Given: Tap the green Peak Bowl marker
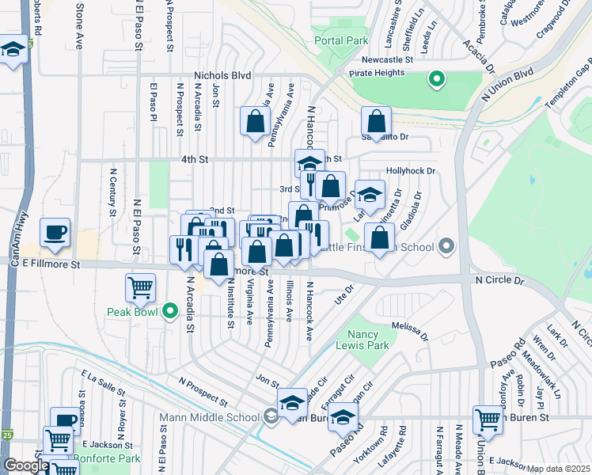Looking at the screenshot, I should coord(169,312).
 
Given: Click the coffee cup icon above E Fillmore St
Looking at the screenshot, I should coord(55,232).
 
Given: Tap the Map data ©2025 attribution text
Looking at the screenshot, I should coord(559,469).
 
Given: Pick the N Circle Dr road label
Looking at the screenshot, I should coord(499,280).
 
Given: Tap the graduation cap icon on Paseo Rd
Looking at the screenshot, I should coord(343,416).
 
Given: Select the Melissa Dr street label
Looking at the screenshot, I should coord(409,330).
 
